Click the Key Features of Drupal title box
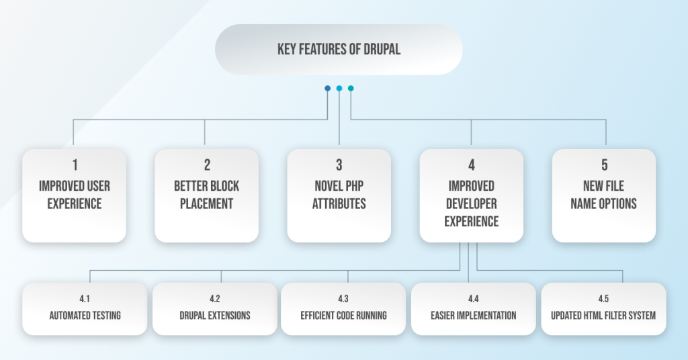point(339,50)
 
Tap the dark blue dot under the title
point(327,88)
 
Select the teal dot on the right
point(351,88)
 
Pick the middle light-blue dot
point(339,88)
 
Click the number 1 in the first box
point(74,165)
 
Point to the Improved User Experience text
point(74,194)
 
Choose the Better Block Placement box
point(206,195)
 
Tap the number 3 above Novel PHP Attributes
point(339,165)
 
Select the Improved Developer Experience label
point(471,204)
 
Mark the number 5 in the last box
point(603,165)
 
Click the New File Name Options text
point(603,194)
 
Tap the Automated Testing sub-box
point(85,309)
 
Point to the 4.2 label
point(214,300)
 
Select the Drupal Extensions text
point(214,315)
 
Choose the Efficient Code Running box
point(343,309)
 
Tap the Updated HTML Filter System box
point(603,309)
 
